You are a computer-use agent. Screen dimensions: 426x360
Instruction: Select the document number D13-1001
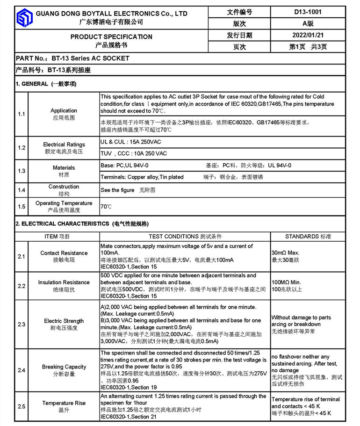[308, 12]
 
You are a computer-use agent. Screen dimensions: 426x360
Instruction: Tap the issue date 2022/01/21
[308, 35]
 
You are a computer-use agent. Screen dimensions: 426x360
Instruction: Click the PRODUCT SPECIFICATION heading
[111, 36]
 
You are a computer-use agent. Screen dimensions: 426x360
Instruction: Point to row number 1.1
[22, 114]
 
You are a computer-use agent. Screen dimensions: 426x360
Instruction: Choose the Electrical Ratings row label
[64, 145]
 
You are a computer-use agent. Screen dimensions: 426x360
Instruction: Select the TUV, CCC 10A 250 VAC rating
[134, 153]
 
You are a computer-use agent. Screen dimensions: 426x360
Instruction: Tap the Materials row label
[64, 168]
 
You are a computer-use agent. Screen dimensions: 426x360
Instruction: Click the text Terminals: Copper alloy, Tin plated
[142, 177]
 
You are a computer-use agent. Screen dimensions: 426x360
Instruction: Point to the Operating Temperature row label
[64, 203]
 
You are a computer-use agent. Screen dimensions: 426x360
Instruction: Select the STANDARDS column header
[308, 236]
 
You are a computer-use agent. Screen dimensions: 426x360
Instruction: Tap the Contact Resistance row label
[64, 253]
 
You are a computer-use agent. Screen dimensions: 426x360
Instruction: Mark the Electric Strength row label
[64, 321]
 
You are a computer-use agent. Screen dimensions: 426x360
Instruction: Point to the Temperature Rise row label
[64, 403]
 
